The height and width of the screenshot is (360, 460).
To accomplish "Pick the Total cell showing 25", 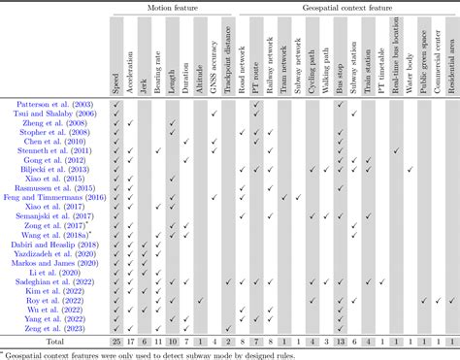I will (116, 342).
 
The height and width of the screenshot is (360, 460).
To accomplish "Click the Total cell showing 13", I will (341, 342).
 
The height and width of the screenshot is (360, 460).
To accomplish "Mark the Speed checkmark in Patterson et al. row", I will (116, 104).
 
